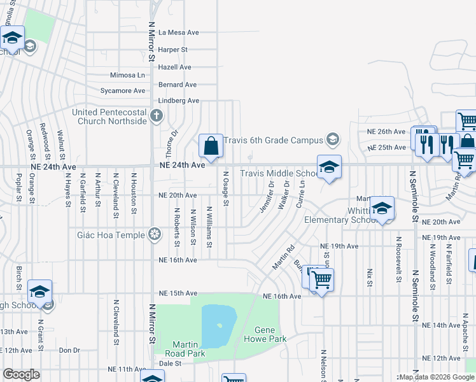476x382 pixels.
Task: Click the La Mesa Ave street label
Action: coord(179,32)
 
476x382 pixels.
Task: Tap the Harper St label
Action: coord(173,49)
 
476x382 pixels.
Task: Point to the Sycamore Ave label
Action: coord(123,91)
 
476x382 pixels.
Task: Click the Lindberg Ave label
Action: coord(179,101)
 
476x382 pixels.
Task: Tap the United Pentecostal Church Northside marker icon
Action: coord(158,115)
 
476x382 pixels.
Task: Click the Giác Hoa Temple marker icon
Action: coord(154,234)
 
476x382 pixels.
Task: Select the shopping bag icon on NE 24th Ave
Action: coord(211,146)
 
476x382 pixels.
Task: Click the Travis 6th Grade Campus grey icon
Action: coord(332,139)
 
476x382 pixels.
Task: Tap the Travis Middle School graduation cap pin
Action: coord(328,167)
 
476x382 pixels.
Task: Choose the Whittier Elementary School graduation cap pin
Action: coord(382,208)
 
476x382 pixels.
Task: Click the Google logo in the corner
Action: coord(21,374)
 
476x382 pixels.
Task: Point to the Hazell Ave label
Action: coord(176,67)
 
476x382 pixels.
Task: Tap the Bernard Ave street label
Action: coord(178,85)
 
